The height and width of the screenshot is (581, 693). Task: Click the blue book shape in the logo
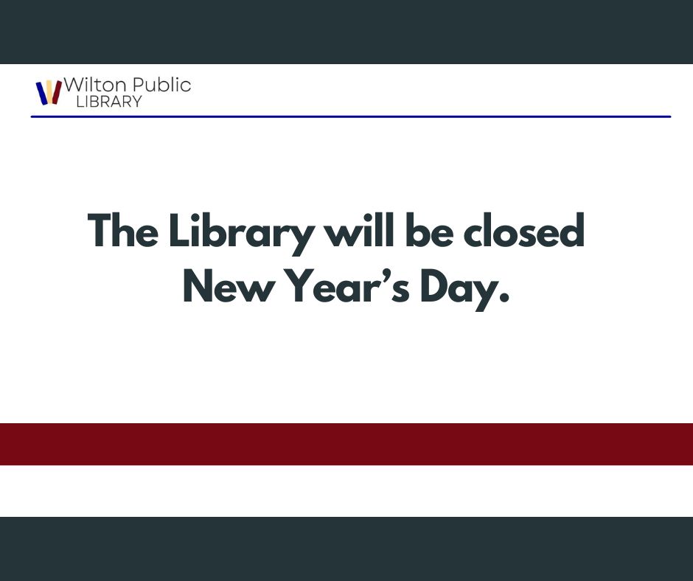tap(41, 94)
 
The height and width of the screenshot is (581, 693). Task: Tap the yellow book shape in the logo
tap(49, 89)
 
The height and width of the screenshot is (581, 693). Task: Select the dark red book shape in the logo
tap(57, 92)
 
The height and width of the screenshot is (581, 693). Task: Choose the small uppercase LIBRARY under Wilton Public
tap(108, 102)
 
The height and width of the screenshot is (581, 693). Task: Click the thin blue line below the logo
tap(350, 116)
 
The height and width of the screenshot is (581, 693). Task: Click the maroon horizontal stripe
tap(346, 444)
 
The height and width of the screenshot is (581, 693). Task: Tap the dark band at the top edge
tap(346, 32)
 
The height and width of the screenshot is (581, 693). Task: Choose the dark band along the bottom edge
tap(346, 549)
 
